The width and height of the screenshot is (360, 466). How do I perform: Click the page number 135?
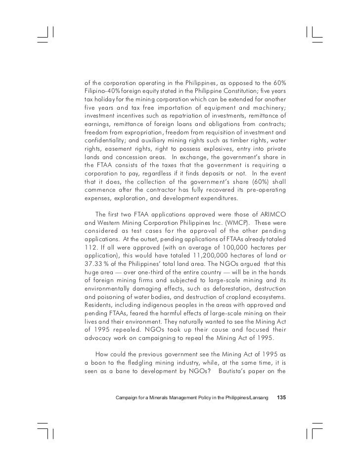pos(281,398)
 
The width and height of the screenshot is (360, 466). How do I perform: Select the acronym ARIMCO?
pos(271,214)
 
